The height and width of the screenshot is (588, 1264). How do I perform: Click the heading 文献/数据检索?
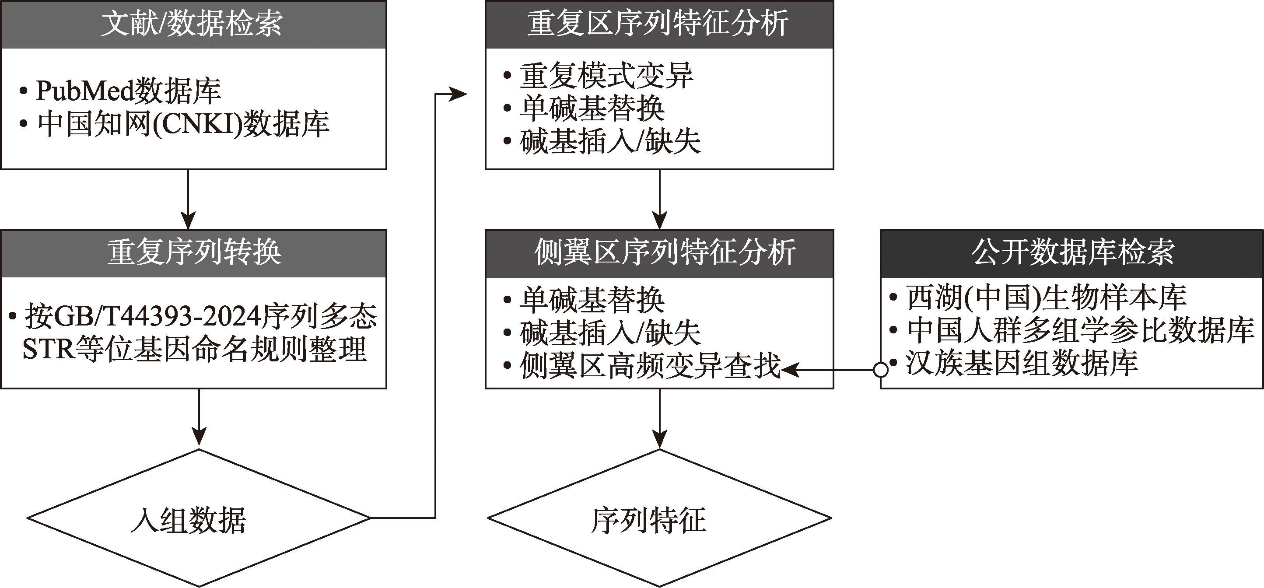[x=193, y=24]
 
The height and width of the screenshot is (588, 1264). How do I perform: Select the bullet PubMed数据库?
[x=128, y=91]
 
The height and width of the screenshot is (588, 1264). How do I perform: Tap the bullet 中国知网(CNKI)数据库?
[x=183, y=124]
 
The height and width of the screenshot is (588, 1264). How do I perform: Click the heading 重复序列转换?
[x=193, y=253]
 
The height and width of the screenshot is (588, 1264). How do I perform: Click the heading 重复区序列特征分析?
[x=658, y=24]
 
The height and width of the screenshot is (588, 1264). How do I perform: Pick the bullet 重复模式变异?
[x=606, y=76]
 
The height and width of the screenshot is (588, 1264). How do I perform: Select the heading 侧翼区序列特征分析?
[x=665, y=253]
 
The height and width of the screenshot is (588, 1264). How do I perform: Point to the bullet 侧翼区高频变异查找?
[x=650, y=366]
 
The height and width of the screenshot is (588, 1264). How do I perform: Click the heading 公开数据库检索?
[x=1073, y=253]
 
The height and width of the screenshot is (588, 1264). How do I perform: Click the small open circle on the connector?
[x=881, y=370]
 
